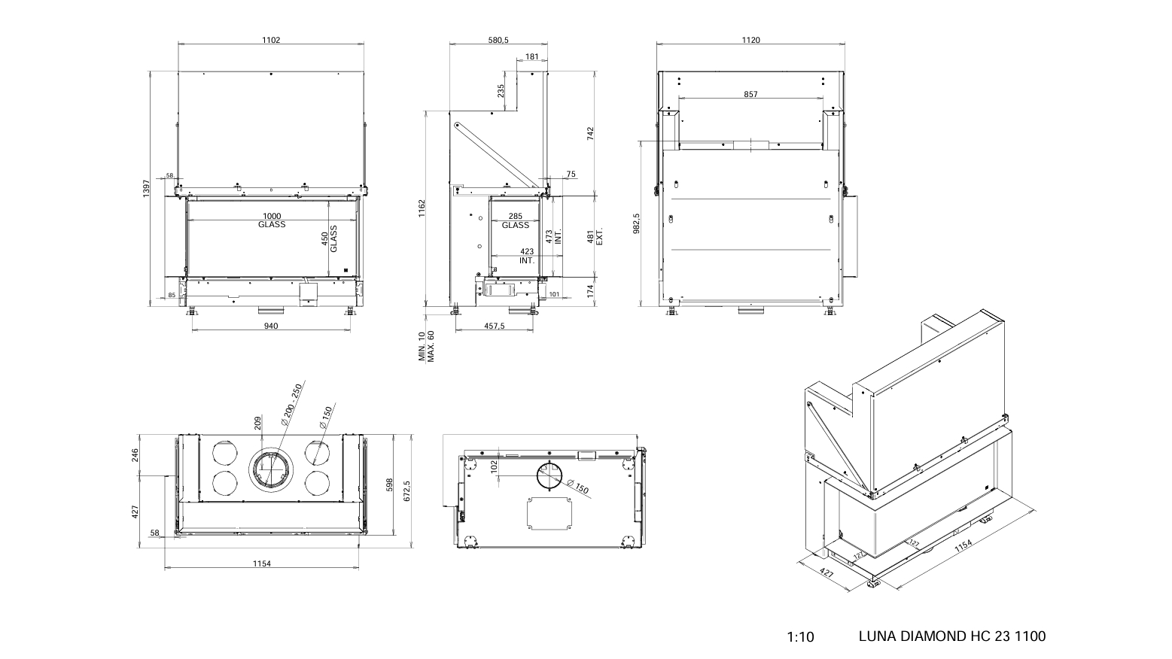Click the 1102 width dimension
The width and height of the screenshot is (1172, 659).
click(x=271, y=40)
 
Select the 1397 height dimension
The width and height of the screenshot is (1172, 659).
click(x=147, y=188)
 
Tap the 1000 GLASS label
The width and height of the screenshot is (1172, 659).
click(x=271, y=220)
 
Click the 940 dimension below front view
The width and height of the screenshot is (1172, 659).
click(x=271, y=326)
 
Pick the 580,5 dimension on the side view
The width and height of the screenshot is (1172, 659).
click(x=498, y=40)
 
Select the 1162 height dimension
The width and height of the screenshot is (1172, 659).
click(x=422, y=208)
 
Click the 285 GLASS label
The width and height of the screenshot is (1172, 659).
click(x=516, y=220)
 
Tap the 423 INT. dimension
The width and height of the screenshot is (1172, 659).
click(x=526, y=257)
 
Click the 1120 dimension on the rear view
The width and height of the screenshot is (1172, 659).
click(x=750, y=40)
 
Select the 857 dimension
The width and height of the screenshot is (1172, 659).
click(x=750, y=95)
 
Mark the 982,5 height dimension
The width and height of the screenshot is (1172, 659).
click(x=636, y=223)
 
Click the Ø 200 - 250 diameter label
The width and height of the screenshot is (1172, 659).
click(x=291, y=405)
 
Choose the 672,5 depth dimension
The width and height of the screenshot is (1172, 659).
click(x=407, y=483)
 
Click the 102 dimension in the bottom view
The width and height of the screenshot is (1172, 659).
click(x=494, y=466)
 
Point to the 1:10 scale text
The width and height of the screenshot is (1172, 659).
click(x=800, y=637)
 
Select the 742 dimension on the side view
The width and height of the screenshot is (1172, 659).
click(x=591, y=132)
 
